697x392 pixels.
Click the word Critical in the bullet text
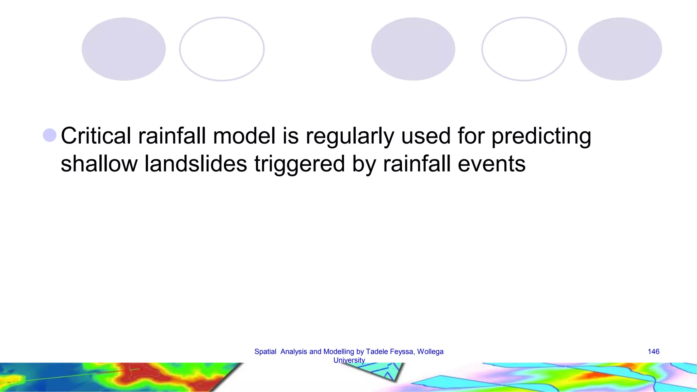coord(96,136)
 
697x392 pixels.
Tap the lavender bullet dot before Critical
coord(50,135)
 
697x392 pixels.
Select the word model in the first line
coord(244,136)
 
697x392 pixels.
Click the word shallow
coord(99,164)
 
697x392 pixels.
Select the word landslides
coord(196,164)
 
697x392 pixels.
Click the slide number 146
coord(653,352)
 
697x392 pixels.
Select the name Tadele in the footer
coord(377,352)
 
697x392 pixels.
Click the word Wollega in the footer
coord(430,352)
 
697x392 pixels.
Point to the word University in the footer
coord(349,360)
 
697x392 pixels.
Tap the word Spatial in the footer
coord(265,352)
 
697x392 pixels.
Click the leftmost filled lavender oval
coord(124,49)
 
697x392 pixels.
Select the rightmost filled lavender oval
coord(620,49)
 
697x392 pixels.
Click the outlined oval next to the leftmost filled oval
coord(222,49)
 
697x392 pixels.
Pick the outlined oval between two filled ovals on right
coord(524,49)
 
